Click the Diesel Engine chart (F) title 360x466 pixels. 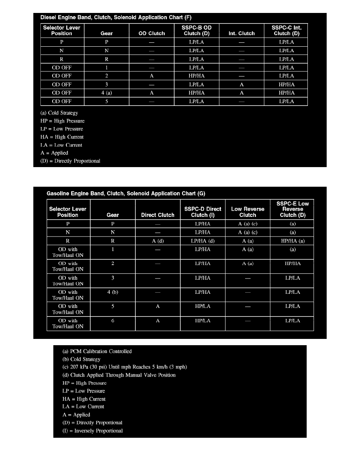pyautogui.click(x=116, y=17)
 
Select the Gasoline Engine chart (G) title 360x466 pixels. pyautogui.click(x=126, y=193)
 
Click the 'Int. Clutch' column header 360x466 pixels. pyautogui.click(x=242, y=33)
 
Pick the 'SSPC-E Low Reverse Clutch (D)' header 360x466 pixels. pyautogui.click(x=292, y=209)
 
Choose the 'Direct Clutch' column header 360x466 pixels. pyautogui.click(x=158, y=215)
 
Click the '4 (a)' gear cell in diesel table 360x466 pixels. pyautogui.click(x=107, y=93)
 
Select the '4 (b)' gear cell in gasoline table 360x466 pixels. pyautogui.click(x=113, y=292)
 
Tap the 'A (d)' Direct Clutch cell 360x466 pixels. pyautogui.click(x=158, y=241)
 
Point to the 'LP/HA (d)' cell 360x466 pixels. pyautogui.click(x=202, y=241)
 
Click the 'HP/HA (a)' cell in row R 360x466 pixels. pyautogui.click(x=293, y=241)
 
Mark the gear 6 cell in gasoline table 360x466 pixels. pyautogui.click(x=113, y=320)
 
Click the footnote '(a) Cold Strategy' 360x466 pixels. pyautogui.click(x=59, y=113)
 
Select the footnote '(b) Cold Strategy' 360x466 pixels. pyautogui.click(x=82, y=359)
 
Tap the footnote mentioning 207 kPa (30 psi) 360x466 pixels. pyautogui.click(x=125, y=367)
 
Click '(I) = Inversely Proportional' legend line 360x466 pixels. pyautogui.click(x=93, y=431)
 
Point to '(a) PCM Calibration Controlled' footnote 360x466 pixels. pyautogui.click(x=97, y=351)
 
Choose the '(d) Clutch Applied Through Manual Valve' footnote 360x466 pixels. pyautogui.click(x=119, y=375)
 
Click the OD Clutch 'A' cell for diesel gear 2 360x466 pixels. pyautogui.click(x=151, y=76)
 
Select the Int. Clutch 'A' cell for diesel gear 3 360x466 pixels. pyautogui.click(x=242, y=85)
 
